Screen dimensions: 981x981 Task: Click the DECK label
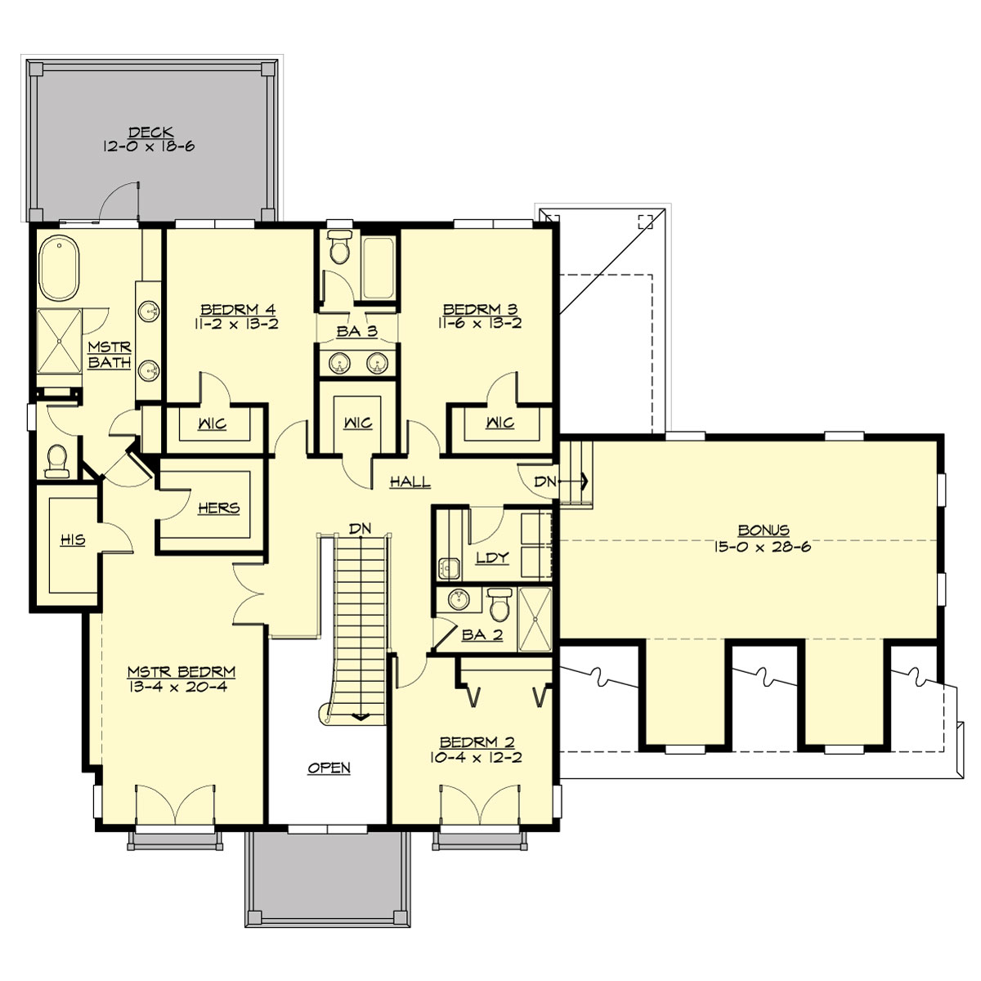click(150, 132)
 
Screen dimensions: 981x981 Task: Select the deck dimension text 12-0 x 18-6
click(150, 147)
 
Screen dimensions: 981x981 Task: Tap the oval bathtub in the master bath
click(59, 267)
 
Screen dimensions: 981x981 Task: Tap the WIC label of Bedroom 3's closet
click(499, 423)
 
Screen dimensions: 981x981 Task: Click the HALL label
click(410, 482)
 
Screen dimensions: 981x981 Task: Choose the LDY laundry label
click(492, 558)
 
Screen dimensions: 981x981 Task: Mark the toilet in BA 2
click(499, 606)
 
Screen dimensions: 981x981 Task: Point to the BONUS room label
click(763, 531)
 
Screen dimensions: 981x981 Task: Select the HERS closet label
click(218, 508)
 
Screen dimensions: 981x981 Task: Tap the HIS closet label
click(73, 540)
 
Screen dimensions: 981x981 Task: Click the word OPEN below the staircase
click(329, 768)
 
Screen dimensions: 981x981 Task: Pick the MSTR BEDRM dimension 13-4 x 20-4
click(181, 687)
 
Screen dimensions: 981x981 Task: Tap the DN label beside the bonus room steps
click(544, 482)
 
